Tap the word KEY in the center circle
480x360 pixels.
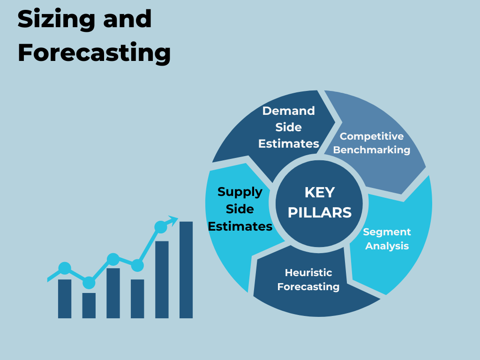tap(320, 193)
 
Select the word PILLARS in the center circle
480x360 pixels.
tap(320, 212)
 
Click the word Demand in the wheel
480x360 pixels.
tap(288, 111)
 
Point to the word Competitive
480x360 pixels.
tap(372, 136)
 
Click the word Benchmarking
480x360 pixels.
tap(372, 150)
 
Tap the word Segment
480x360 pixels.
tap(387, 232)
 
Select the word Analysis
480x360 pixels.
tap(387, 246)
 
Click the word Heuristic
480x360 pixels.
tap(308, 272)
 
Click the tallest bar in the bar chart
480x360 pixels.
tap(186, 270)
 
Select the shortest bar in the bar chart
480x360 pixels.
tap(89, 306)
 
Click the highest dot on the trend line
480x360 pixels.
tap(161, 227)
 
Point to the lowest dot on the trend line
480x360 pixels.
tap(89, 283)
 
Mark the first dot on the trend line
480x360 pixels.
tap(65, 269)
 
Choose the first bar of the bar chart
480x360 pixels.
tap(65, 299)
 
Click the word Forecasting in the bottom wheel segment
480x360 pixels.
tap(308, 287)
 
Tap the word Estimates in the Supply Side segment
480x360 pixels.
tap(240, 226)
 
